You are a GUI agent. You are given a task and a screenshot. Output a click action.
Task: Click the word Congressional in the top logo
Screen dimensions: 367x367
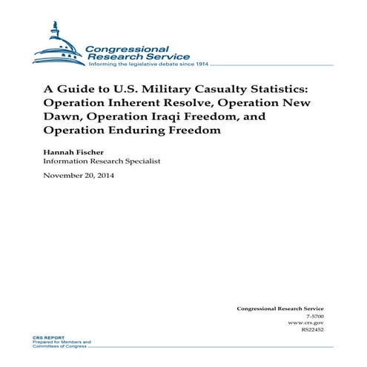127,47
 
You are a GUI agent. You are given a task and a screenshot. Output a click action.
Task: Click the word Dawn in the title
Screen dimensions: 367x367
59,118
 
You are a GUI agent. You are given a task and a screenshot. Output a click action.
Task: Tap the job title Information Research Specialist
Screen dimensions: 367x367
102,161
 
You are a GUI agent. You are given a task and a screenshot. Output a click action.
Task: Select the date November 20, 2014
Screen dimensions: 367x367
79,176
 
